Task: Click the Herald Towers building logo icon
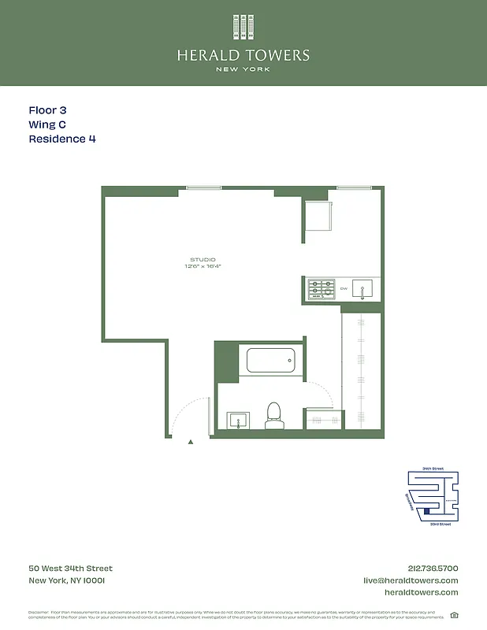243,28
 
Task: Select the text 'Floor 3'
53,111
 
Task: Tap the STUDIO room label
203,260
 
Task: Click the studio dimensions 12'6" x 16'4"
203,267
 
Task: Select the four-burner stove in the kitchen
321,290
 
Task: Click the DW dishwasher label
344,289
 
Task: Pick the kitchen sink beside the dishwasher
362,290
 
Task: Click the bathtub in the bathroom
270,361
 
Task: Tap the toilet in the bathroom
274,415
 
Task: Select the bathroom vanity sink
238,421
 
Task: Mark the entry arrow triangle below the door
191,443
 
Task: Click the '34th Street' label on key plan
433,469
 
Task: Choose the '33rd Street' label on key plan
440,524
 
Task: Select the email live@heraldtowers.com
411,580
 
